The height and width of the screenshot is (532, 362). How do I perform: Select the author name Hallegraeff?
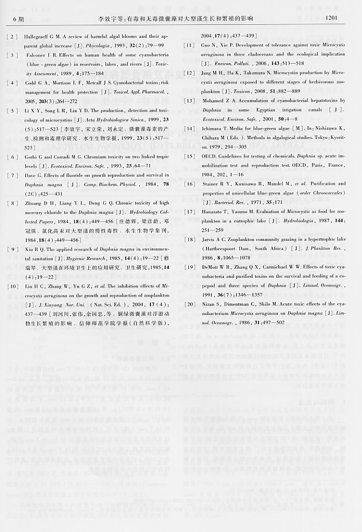[x=41, y=38]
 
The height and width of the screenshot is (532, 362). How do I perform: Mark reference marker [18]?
[x=189, y=240]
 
